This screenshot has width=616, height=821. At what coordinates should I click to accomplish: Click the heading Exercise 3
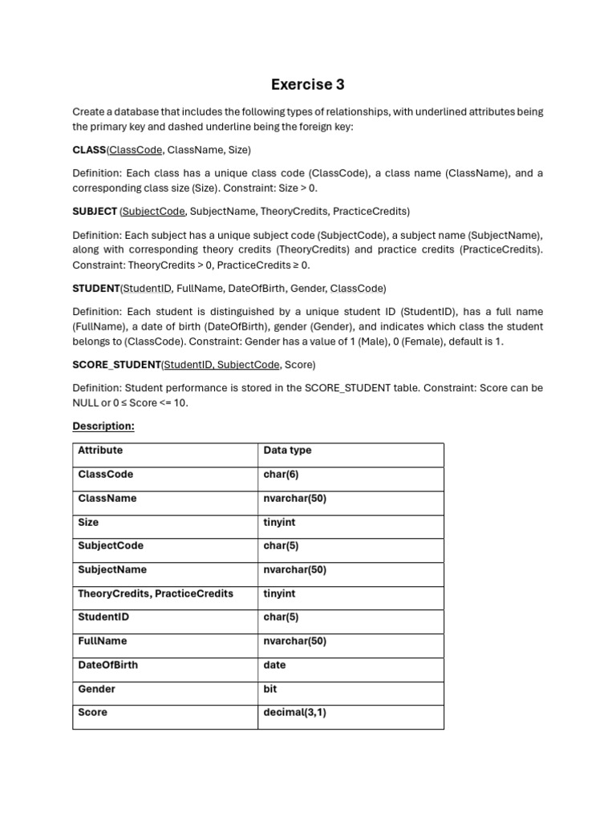point(308,84)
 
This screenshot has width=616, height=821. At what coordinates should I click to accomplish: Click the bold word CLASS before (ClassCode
point(89,150)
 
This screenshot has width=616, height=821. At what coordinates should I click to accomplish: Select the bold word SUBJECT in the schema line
point(95,212)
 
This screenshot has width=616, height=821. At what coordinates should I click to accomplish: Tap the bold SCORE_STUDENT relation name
point(116,365)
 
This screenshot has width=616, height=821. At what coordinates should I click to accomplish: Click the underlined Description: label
point(103,426)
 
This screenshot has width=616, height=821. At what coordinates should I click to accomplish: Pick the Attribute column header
point(100,451)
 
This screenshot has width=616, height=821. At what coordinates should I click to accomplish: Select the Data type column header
point(287,451)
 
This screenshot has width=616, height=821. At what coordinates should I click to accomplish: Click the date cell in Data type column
point(274,665)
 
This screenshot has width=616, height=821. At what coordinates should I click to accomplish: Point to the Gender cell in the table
point(96,689)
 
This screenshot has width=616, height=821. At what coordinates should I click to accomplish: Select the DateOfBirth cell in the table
point(107,665)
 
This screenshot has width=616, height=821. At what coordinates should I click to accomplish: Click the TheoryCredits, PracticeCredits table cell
point(156,594)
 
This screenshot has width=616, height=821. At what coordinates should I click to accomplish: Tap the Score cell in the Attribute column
point(92,713)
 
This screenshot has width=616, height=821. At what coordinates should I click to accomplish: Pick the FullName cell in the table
point(102,641)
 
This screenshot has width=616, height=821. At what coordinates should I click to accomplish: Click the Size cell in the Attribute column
point(88,523)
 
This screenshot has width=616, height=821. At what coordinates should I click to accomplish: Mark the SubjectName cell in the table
point(112,570)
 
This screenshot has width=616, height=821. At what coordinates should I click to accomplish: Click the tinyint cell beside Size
point(279,523)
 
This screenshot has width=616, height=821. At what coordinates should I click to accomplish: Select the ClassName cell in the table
point(107,499)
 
